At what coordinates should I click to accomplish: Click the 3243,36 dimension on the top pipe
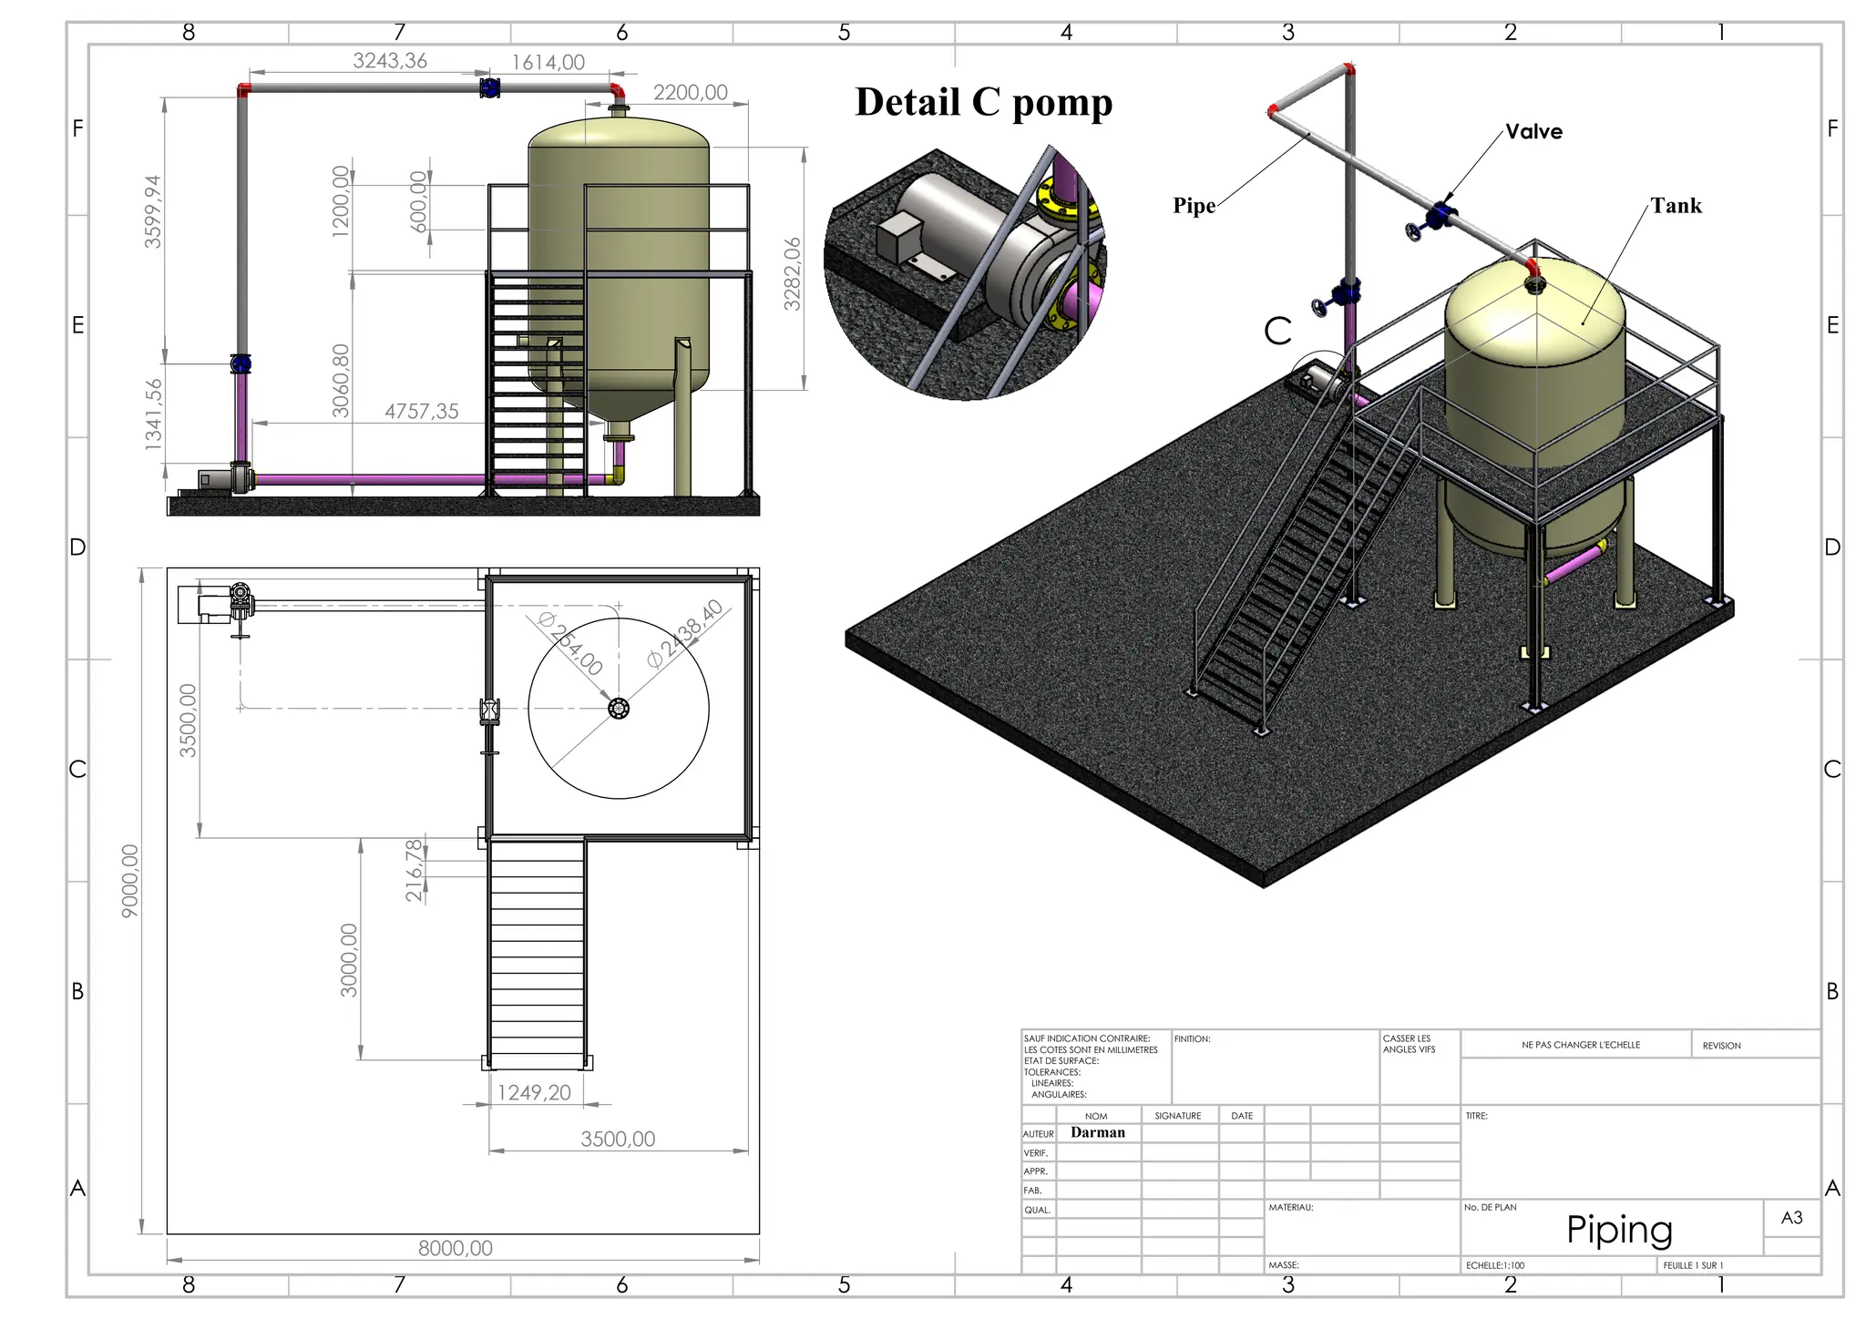tap(390, 61)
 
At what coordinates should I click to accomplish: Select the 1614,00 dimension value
tap(548, 63)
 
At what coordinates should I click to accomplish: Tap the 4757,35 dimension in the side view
tap(421, 412)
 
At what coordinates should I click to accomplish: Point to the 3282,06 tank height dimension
tap(793, 273)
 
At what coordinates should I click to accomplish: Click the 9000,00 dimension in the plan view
tap(130, 881)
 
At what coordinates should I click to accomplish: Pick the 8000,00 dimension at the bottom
tap(455, 1249)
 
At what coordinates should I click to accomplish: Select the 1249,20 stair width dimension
tap(534, 1093)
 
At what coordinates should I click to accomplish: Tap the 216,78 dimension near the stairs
tap(415, 870)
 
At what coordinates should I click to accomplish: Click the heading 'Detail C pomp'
tap(983, 102)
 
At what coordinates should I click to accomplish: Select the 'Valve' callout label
tap(1533, 132)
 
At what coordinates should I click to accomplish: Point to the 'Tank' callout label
tap(1676, 206)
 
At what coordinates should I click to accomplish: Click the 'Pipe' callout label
tap(1194, 206)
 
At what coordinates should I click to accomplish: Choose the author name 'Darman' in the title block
tap(1097, 1132)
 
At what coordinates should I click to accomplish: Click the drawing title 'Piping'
tap(1619, 1230)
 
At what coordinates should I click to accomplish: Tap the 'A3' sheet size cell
tap(1791, 1218)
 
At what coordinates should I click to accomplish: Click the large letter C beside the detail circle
tap(1277, 331)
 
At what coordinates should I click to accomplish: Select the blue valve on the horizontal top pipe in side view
tap(490, 88)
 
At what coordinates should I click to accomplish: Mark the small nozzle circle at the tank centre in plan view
tap(619, 709)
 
